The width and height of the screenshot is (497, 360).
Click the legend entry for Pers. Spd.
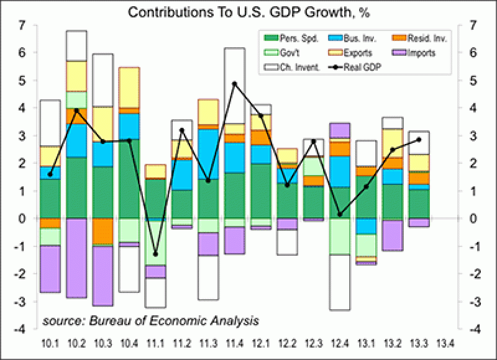tap(291, 38)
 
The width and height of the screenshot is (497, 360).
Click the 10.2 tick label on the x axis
tap(76, 342)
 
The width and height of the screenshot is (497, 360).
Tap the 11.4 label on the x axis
tap(234, 342)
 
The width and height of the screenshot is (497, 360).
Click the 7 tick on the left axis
tap(22, 25)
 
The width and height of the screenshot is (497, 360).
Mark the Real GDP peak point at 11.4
tap(234, 83)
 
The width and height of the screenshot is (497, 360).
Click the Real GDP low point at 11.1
tap(155, 254)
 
